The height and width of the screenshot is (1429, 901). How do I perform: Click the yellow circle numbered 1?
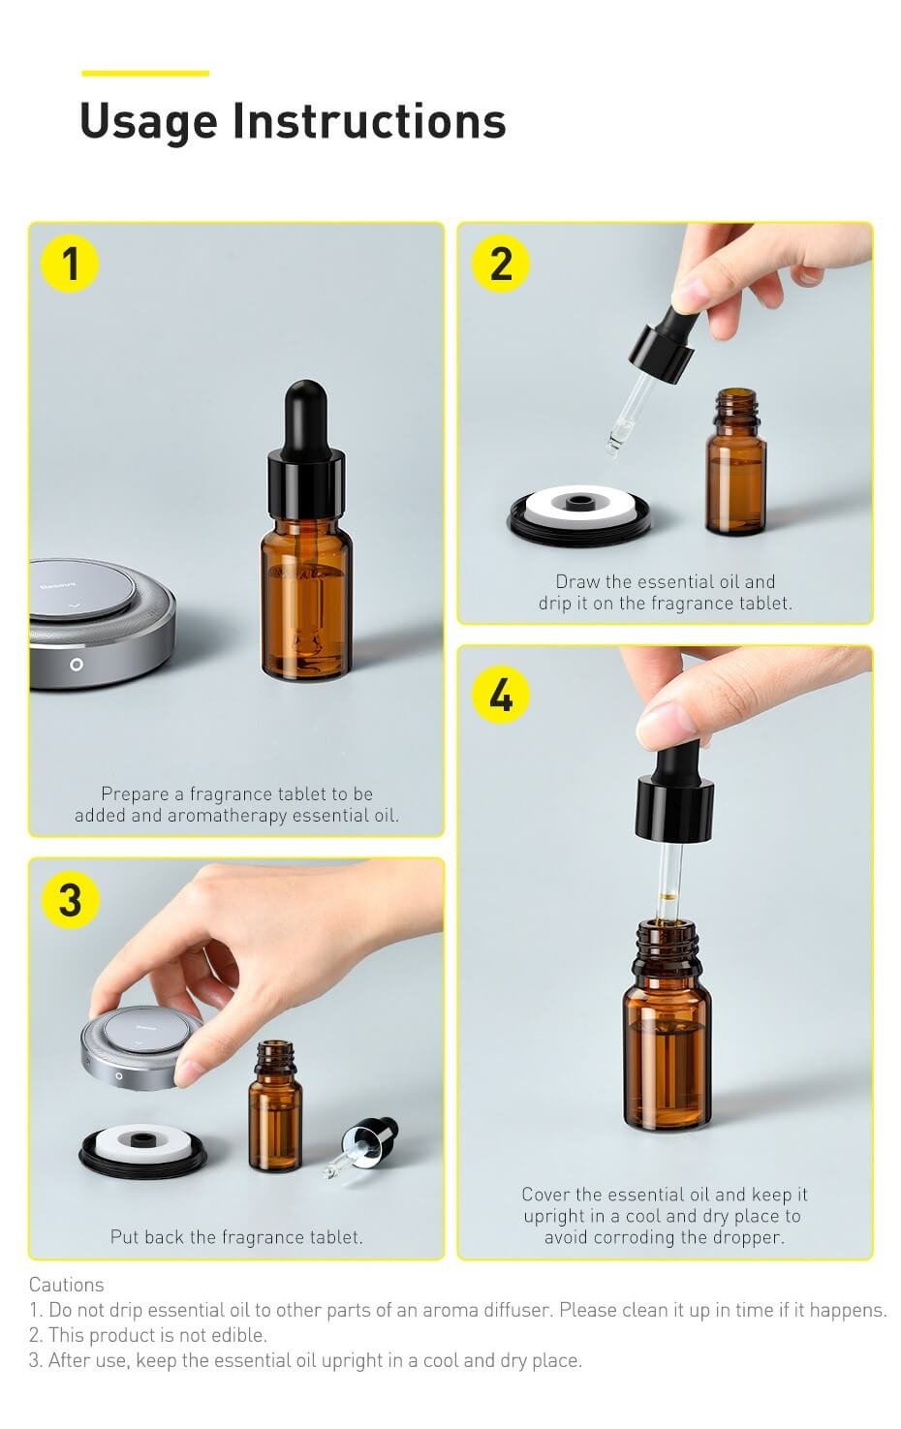click(70, 264)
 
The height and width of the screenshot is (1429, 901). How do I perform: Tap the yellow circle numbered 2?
click(500, 264)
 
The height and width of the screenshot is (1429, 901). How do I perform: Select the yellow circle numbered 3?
click(70, 900)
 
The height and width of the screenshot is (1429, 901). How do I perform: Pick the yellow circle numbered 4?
click(500, 695)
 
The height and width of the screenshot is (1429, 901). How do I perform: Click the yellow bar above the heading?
click(145, 73)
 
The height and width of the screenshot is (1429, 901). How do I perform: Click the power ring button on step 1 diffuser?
click(76, 665)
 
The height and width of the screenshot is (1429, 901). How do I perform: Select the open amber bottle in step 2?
click(736, 470)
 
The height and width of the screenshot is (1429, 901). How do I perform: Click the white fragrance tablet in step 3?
click(142, 1141)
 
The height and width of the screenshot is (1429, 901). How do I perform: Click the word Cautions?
click(66, 1285)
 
